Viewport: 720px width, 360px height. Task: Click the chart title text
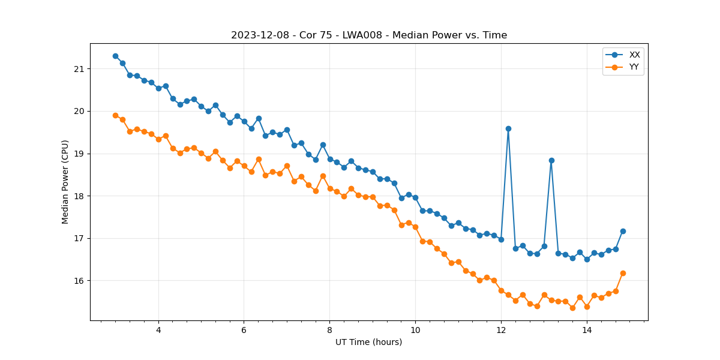pos(369,35)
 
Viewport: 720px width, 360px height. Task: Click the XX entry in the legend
pos(634,55)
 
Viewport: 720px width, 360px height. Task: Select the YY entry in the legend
pos(634,67)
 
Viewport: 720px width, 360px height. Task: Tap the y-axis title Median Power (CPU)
pos(65,182)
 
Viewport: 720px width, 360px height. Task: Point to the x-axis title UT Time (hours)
pos(368,342)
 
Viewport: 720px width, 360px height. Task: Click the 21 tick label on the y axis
pos(79,69)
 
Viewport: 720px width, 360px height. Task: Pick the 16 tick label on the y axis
pos(79,281)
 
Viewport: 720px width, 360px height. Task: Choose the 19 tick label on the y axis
pos(79,154)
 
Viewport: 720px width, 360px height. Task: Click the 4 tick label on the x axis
pos(158,330)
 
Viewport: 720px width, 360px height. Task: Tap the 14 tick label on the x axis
pos(587,330)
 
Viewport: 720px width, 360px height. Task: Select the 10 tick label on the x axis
pos(415,330)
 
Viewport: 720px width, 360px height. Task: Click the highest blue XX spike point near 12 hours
pos(508,128)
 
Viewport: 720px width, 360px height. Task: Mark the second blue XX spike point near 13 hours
pos(551,160)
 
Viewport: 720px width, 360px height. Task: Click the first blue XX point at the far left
pos(115,56)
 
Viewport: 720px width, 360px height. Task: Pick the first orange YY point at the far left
pos(115,115)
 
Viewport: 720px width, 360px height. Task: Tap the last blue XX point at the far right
pos(623,231)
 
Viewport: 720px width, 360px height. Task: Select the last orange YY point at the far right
pos(623,273)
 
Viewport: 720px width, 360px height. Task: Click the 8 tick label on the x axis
pos(329,330)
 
